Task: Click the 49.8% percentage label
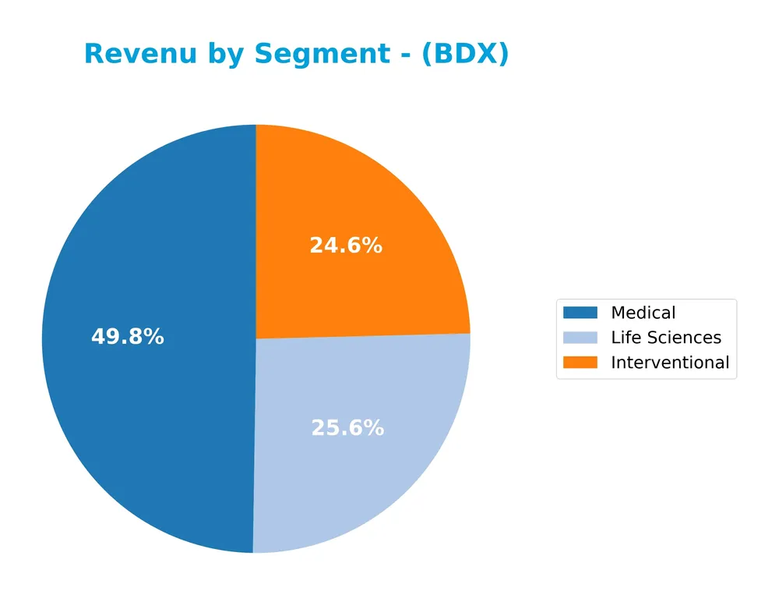click(128, 337)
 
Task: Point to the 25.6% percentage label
click(347, 428)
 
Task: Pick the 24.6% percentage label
click(346, 246)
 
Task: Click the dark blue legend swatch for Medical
click(580, 313)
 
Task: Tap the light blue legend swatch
click(580, 338)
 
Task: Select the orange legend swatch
click(580, 363)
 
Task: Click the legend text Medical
click(643, 313)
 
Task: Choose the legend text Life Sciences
click(666, 338)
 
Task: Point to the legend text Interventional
click(670, 363)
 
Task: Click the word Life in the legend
click(623, 338)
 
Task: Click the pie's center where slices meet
click(256, 338)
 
